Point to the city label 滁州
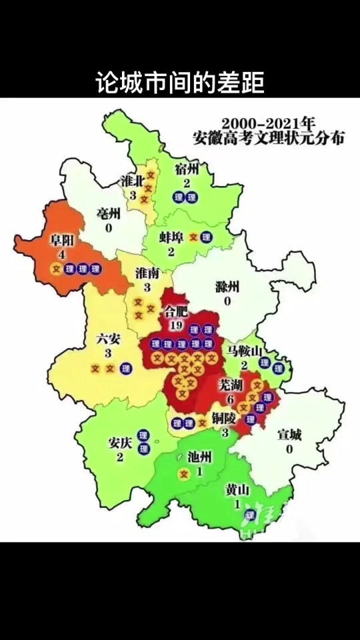tap(227, 287)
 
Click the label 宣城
tap(289, 435)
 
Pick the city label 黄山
tap(237, 490)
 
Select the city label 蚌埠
tap(171, 237)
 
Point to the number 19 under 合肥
tap(177, 325)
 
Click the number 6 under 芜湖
tap(231, 399)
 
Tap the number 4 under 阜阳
tap(61, 255)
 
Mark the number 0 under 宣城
tap(289, 449)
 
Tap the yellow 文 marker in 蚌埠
tap(194, 237)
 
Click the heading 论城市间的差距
tap(179, 84)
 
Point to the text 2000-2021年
tap(267, 124)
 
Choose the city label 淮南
tap(147, 273)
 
